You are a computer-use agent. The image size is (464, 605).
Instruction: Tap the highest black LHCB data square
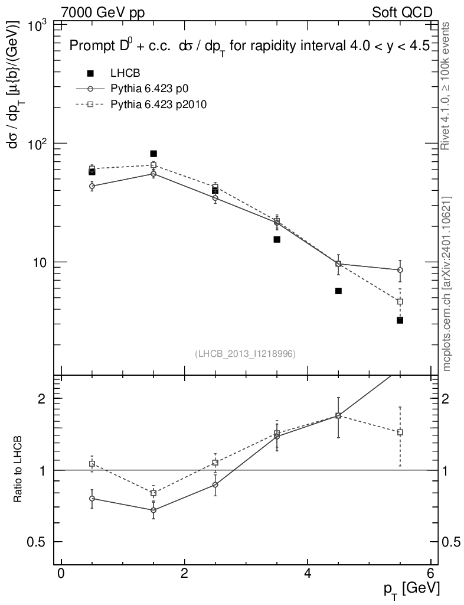tap(153, 154)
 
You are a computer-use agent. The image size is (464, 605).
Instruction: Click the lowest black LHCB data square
tap(400, 320)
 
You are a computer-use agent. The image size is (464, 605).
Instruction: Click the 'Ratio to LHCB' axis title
tap(18, 469)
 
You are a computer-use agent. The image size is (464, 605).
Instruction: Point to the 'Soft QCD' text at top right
tap(402, 12)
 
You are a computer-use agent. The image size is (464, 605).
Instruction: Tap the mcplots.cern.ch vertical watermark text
tap(447, 284)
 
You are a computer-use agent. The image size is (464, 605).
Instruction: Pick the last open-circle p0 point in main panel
tap(400, 270)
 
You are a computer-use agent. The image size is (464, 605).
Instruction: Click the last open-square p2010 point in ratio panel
tap(400, 432)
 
